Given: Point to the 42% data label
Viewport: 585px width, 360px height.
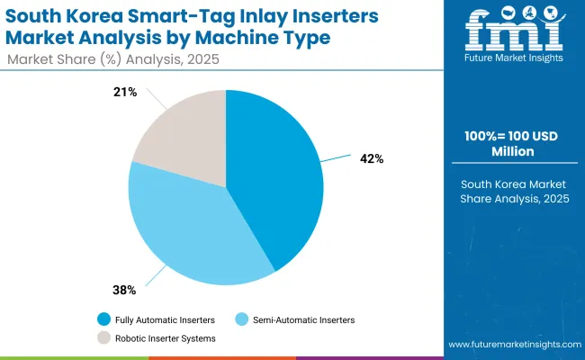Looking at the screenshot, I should [372, 158].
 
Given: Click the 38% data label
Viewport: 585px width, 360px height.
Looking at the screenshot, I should [124, 290].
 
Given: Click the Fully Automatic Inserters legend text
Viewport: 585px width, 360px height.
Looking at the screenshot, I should [164, 319].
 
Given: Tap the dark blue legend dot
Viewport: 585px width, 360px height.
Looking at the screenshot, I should [103, 319].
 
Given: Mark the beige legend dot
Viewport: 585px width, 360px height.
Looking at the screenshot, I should [103, 338].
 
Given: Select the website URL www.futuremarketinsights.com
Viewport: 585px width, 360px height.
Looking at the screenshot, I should [512, 345].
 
